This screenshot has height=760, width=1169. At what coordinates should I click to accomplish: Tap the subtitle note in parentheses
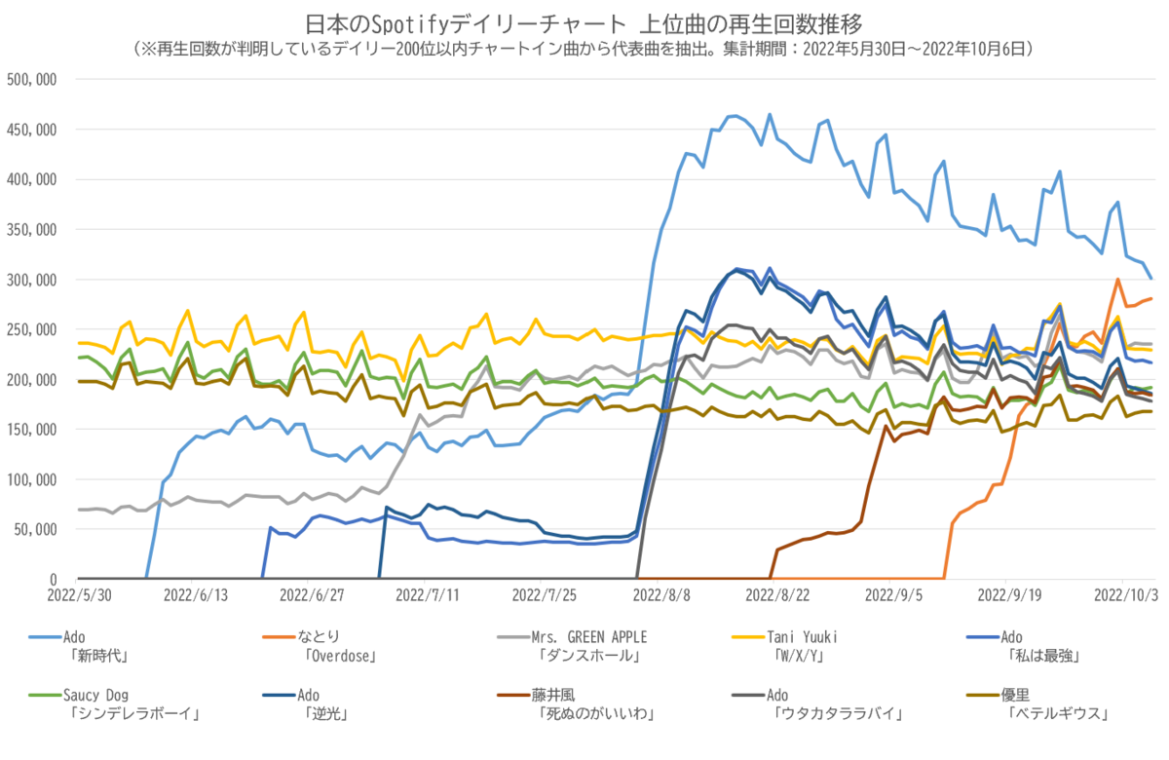click(584, 48)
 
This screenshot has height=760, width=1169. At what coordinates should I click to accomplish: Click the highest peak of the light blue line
click(769, 114)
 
